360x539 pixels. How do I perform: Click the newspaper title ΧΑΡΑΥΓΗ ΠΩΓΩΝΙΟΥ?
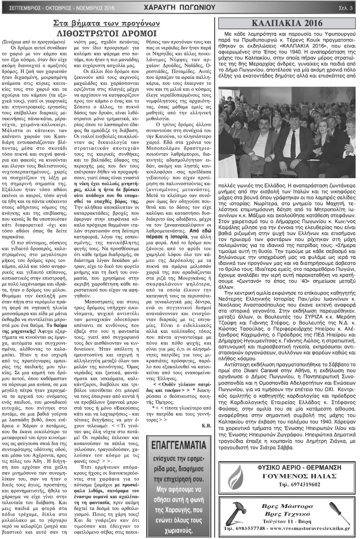(x=180, y=7)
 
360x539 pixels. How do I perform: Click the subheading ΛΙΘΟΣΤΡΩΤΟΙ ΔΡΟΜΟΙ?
(x=108, y=34)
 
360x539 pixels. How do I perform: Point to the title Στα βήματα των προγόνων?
(x=108, y=24)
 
